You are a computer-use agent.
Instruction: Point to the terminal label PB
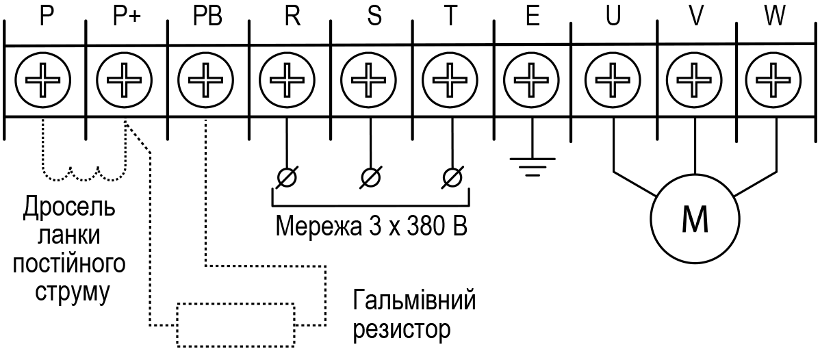205,16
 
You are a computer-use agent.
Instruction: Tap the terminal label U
613,16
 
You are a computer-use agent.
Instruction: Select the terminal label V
695,16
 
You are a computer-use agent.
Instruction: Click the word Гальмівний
415,301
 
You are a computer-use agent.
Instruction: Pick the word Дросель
69,209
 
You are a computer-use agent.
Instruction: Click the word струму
73,292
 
